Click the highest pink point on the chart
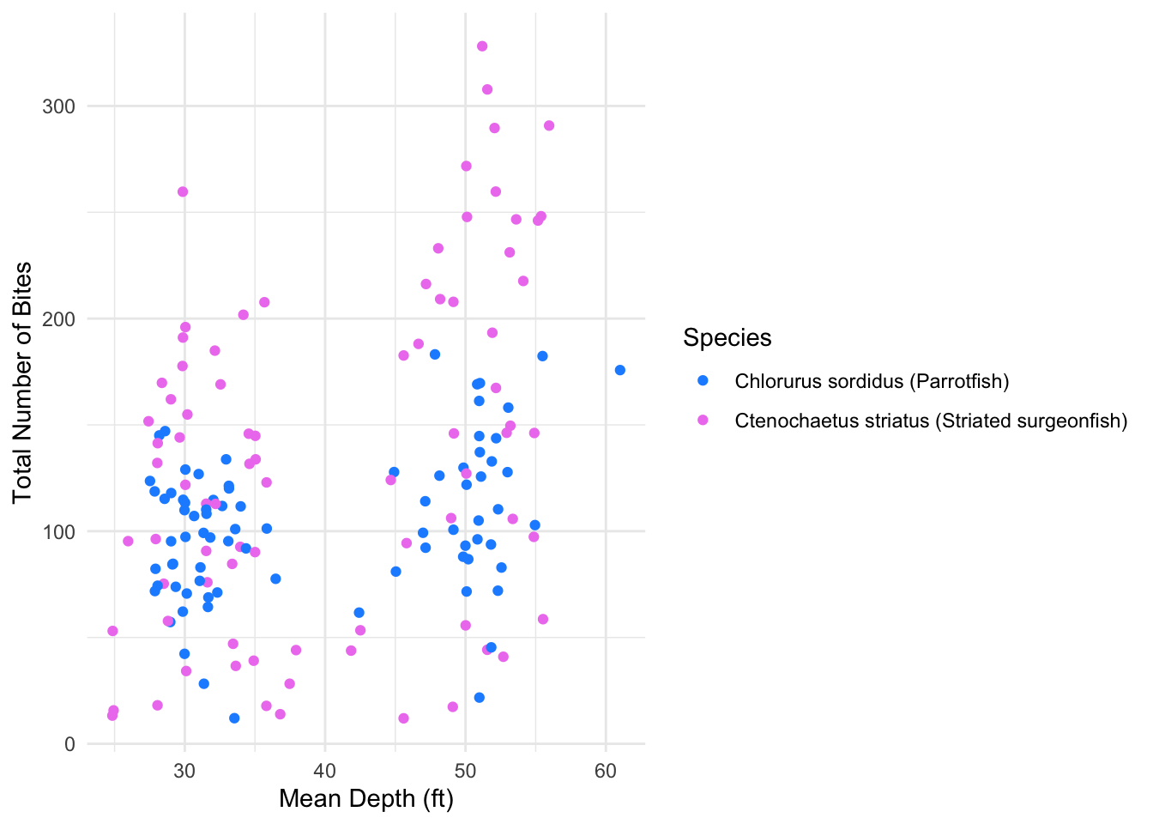pyautogui.click(x=482, y=46)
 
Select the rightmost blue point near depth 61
pyautogui.click(x=620, y=370)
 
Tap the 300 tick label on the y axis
pyautogui.click(x=58, y=106)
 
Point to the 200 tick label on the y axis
pyautogui.click(x=58, y=319)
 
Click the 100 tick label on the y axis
pyautogui.click(x=58, y=531)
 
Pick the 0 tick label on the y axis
pyautogui.click(x=69, y=744)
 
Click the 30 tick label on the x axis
pyautogui.click(x=184, y=771)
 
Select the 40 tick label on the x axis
pyautogui.click(x=325, y=771)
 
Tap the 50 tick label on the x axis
pyautogui.click(x=466, y=771)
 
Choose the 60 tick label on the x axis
pyautogui.click(x=606, y=771)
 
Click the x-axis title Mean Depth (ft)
pyautogui.click(x=366, y=799)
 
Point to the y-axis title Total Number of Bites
pyautogui.click(x=22, y=383)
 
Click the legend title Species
pyautogui.click(x=727, y=338)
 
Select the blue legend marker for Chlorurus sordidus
pyautogui.click(x=703, y=380)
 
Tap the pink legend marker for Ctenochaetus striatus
pyautogui.click(x=703, y=420)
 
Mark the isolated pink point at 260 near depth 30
pyautogui.click(x=183, y=191)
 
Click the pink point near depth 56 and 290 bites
pyautogui.click(x=549, y=125)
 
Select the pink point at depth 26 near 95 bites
pyautogui.click(x=128, y=541)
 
